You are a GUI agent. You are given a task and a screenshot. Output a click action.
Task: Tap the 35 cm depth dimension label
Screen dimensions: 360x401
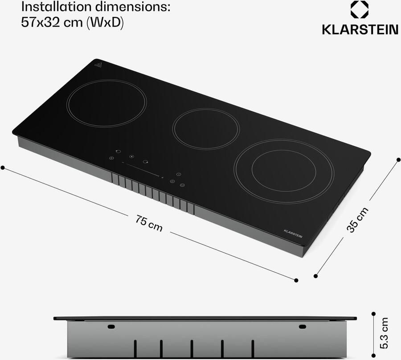click(358, 220)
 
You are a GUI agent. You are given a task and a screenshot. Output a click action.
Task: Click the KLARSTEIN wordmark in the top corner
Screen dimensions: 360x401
click(360, 29)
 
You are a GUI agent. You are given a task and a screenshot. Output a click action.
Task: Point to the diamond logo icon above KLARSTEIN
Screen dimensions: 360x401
click(360, 10)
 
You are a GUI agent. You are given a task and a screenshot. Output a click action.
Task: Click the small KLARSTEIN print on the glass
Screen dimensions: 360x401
click(293, 233)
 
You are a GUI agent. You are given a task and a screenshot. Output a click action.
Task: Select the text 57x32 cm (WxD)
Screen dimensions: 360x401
click(72, 23)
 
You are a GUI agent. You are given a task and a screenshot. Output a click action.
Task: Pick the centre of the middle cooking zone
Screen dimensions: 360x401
click(206, 129)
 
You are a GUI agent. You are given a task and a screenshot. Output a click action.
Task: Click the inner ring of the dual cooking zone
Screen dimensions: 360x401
click(284, 171)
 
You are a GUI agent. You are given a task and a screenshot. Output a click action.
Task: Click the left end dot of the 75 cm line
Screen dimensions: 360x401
click(3, 168)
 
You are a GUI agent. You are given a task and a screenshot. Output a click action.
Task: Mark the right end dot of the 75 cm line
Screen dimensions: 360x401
click(296, 280)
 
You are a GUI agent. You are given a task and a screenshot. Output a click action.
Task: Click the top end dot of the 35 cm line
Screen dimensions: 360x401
click(398, 159)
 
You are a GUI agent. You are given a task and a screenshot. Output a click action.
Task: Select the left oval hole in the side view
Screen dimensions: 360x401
click(111, 327)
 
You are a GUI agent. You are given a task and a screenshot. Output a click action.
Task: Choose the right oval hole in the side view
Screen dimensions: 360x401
click(303, 327)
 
